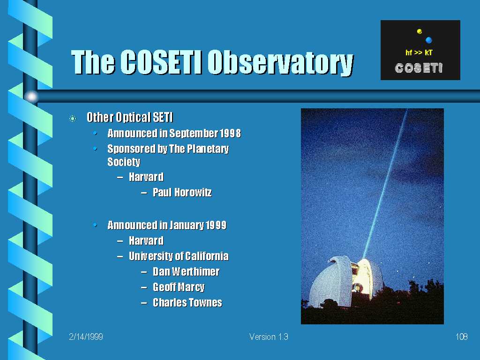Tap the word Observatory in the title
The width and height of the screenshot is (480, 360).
pyautogui.click(x=281, y=63)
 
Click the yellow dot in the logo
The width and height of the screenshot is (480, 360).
pyautogui.click(x=420, y=31)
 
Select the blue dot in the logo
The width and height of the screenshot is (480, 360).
pyautogui.click(x=428, y=40)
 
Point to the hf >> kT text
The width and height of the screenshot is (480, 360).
pyautogui.click(x=419, y=52)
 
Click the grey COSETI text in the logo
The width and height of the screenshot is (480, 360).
pyautogui.click(x=419, y=68)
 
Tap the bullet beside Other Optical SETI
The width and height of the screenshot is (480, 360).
pyautogui.click(x=73, y=119)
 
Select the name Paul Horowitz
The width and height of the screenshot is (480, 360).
pyautogui.click(x=182, y=193)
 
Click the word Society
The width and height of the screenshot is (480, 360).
pyautogui.click(x=124, y=162)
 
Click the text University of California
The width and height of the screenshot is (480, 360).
pyautogui.click(x=179, y=256)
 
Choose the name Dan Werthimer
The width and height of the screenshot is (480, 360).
pyautogui.click(x=187, y=272)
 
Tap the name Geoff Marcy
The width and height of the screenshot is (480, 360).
pyautogui.click(x=179, y=287)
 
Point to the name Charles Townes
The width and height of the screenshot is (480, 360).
pyautogui.click(x=187, y=303)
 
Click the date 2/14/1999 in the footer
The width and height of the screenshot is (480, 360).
pyautogui.click(x=86, y=337)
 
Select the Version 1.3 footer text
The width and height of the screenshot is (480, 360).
pyautogui.click(x=269, y=337)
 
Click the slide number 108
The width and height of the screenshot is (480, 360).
pyautogui.click(x=462, y=337)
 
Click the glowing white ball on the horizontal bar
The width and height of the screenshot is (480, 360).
pyautogui.click(x=31, y=97)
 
